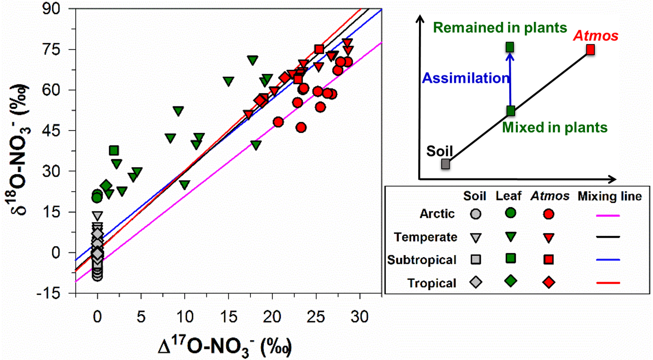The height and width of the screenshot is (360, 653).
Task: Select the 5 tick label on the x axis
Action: coord(141,317)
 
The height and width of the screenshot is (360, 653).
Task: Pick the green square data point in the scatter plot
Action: coord(114,150)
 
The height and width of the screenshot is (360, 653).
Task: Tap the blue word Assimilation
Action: coord(465,79)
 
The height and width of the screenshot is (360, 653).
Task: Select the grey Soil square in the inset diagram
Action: coord(445,164)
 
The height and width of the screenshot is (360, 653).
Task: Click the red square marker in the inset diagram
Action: coord(590,49)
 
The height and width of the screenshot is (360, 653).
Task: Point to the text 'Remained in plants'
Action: coord(500,28)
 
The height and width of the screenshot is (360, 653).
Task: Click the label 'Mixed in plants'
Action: coord(555,128)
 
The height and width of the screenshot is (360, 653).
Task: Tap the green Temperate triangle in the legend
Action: coord(511,237)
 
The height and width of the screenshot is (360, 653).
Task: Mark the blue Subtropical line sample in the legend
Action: coord(607,259)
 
